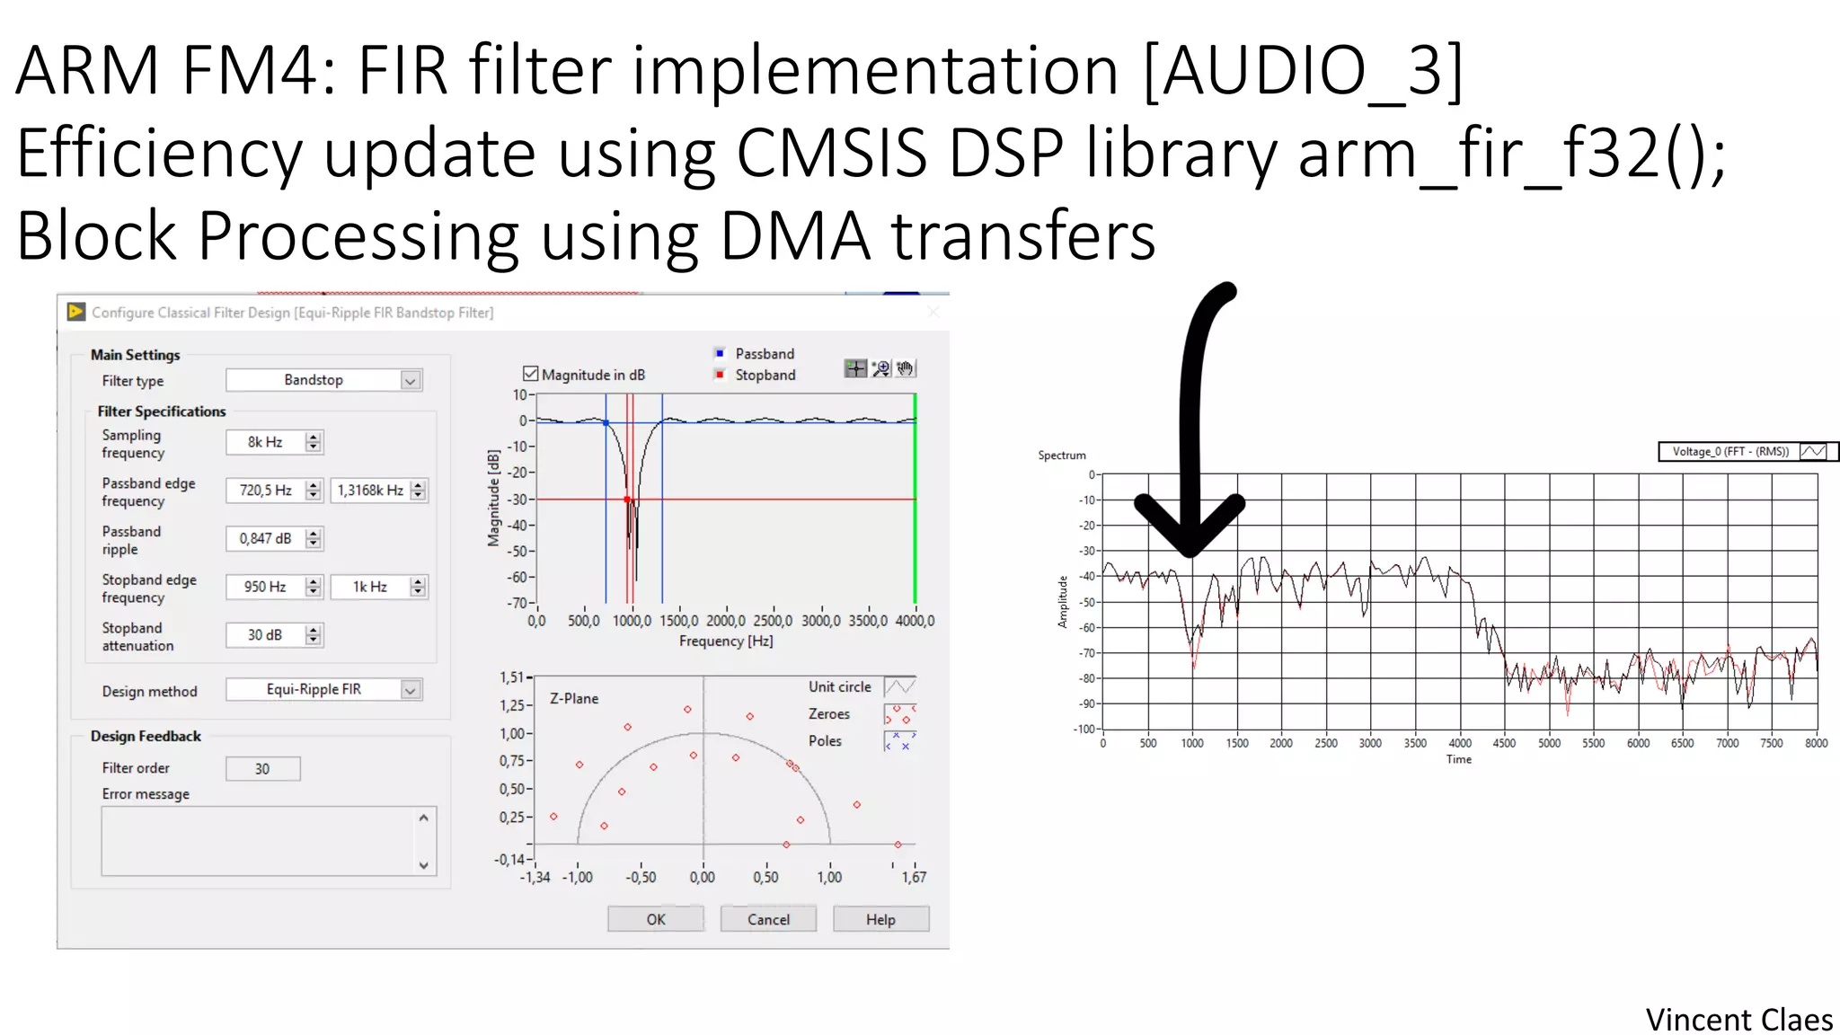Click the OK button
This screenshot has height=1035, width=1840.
tap(656, 919)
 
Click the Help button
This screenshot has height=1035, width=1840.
tap(880, 919)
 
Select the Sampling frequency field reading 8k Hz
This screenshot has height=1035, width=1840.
tap(265, 442)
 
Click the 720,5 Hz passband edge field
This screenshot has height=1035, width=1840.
tap(265, 490)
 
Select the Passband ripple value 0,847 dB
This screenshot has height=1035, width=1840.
tap(265, 538)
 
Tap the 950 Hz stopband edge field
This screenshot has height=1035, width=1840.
tap(265, 587)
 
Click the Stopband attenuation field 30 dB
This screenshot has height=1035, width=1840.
tap(265, 635)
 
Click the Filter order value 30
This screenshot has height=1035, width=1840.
tap(262, 769)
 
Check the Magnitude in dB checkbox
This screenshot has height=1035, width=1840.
tap(531, 374)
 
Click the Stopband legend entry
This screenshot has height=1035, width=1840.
tap(765, 375)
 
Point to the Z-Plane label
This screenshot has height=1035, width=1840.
tap(574, 698)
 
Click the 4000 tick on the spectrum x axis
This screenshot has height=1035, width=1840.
tap(1460, 743)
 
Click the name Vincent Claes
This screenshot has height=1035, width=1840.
tap(1738, 1020)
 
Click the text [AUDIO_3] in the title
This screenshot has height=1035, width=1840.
tap(1303, 70)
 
